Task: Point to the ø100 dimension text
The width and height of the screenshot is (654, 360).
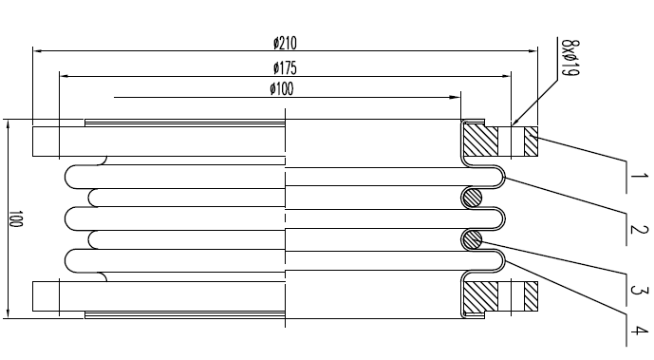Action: (x=281, y=89)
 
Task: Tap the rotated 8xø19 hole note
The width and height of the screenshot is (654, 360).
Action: (x=569, y=59)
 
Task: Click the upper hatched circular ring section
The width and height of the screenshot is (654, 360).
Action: (x=472, y=198)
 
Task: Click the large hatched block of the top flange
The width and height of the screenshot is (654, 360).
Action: (x=480, y=142)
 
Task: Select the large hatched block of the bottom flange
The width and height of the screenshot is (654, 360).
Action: (x=480, y=296)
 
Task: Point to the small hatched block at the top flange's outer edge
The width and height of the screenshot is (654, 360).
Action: (x=531, y=142)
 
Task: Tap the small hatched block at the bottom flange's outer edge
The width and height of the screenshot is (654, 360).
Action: (x=531, y=296)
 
